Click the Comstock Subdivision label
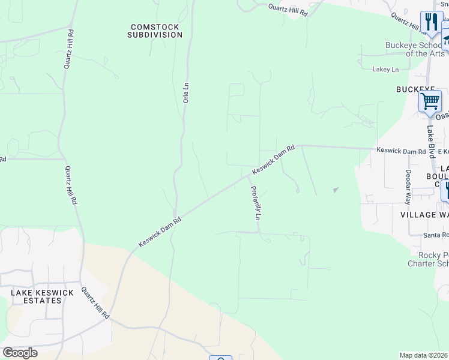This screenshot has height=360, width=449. [155, 31]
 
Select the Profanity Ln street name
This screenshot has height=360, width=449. [255, 203]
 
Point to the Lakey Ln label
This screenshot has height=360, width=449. [385, 70]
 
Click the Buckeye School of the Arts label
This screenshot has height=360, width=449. [416, 50]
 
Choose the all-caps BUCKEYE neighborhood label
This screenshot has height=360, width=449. [415, 89]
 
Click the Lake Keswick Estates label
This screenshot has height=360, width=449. [42, 296]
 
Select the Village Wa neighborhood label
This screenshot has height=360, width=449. [424, 214]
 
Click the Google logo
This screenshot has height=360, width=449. [20, 353]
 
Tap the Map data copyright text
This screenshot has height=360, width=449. [424, 355]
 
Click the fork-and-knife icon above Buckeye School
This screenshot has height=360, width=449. [431, 22]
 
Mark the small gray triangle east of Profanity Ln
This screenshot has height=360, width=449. [336, 190]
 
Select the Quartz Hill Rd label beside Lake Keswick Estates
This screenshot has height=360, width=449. [96, 302]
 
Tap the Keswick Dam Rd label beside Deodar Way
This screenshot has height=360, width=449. [401, 151]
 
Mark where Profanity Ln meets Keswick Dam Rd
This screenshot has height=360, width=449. [248, 176]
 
